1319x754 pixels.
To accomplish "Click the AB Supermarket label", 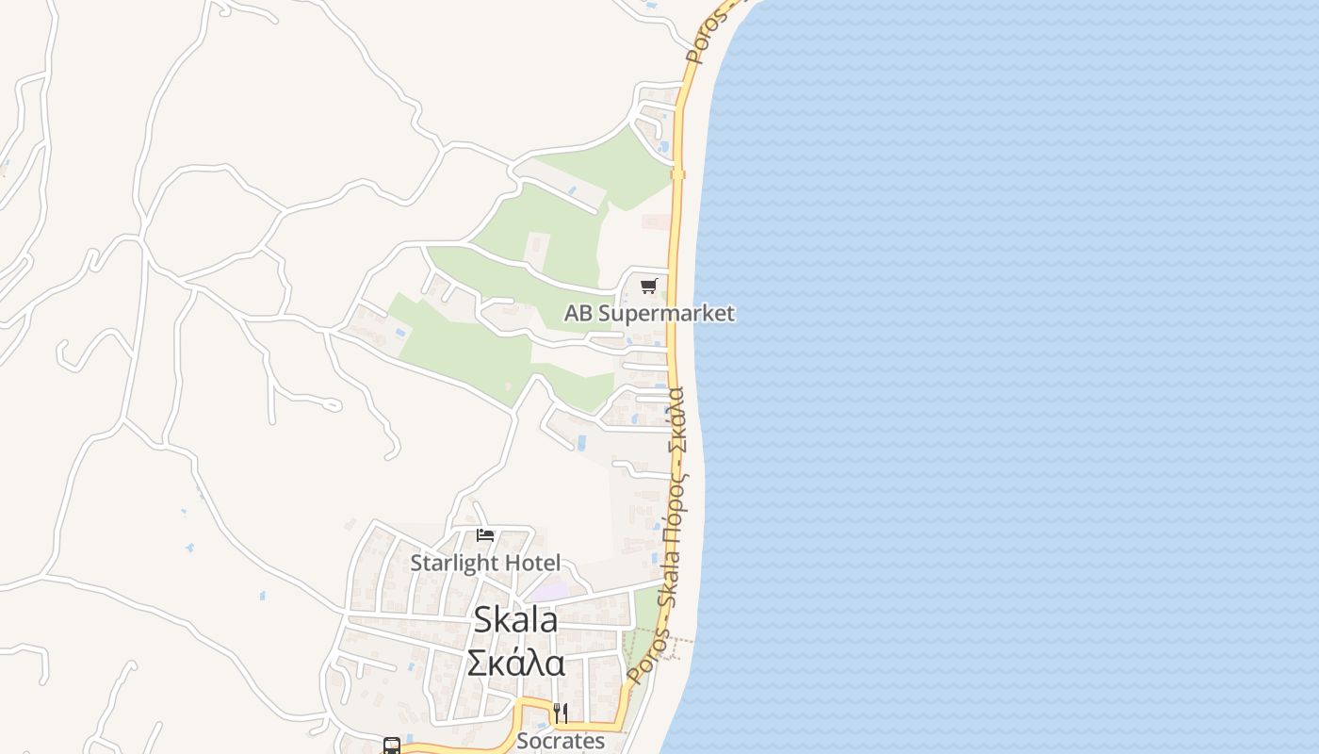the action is (x=649, y=314).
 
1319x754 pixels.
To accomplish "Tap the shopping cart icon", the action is (x=648, y=286).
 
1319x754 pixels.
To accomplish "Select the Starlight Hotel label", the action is (x=485, y=564).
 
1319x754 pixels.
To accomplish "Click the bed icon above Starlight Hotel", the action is (x=485, y=535).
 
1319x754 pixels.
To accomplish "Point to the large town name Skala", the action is (x=515, y=620).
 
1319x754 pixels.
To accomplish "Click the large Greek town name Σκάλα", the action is (x=516, y=663).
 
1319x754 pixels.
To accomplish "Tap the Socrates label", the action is (x=561, y=741).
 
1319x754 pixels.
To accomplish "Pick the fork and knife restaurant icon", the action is (x=561, y=713).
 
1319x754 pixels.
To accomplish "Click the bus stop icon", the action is (x=392, y=746).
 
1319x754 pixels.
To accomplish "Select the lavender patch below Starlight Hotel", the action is (x=547, y=591).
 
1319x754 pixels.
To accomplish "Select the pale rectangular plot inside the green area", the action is (x=537, y=250).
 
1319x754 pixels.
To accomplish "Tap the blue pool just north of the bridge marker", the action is (x=665, y=148).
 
